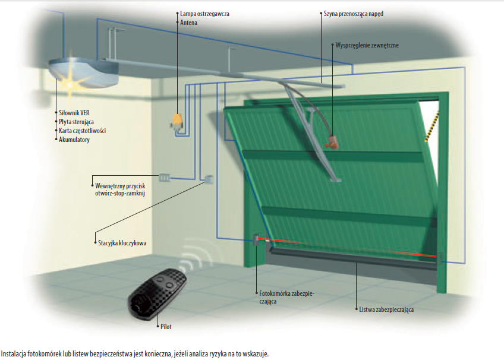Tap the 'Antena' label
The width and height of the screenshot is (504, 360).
(x=189, y=23)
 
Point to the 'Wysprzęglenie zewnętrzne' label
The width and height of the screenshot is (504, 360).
(x=366, y=45)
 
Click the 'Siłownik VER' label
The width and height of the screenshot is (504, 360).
(x=74, y=112)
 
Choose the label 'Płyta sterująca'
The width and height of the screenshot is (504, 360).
(x=78, y=121)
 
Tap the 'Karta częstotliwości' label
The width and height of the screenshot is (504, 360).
(x=83, y=131)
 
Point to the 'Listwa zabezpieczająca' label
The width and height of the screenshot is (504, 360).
(x=387, y=310)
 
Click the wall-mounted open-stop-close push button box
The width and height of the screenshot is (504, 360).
(x=165, y=176)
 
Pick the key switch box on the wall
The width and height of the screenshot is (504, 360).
(x=209, y=179)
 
